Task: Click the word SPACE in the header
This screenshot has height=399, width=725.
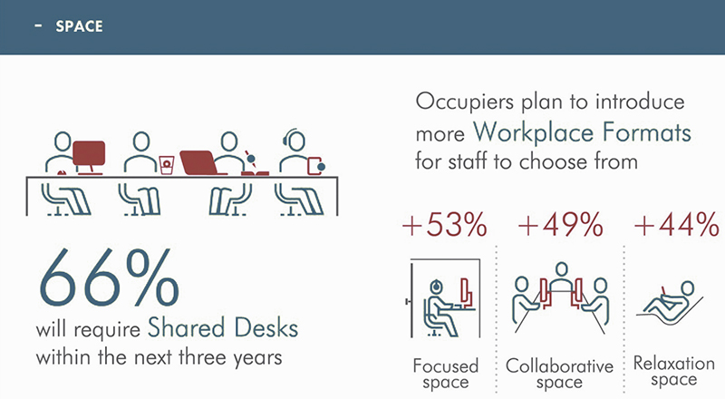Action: tap(79, 26)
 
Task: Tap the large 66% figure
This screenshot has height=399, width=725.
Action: tap(109, 277)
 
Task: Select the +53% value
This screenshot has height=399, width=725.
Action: tap(444, 225)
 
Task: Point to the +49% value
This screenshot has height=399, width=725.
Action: tap(560, 225)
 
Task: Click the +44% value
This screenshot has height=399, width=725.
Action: tap(676, 225)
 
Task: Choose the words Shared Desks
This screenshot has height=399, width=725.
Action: tap(223, 327)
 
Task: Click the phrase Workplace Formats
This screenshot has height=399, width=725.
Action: tap(582, 132)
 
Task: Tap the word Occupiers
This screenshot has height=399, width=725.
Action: tap(464, 102)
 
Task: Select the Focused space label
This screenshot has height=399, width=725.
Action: tap(445, 374)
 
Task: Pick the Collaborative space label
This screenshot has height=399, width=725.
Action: tap(559, 374)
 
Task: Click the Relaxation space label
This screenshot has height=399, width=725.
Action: tap(673, 371)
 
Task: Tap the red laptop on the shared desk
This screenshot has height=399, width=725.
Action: tap(199, 163)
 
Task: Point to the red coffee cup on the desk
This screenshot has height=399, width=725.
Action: tap(167, 165)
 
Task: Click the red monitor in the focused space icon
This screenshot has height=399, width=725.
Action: tap(467, 293)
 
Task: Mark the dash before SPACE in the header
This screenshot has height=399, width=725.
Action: tap(38, 26)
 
